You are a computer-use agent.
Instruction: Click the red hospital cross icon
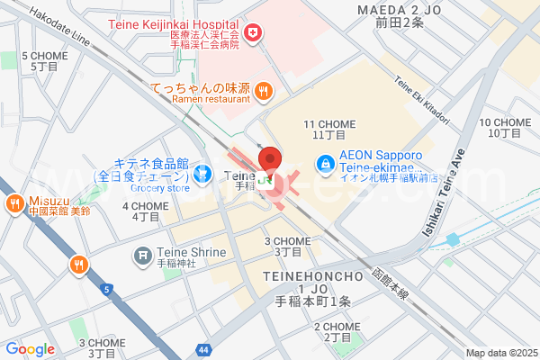point(254,32)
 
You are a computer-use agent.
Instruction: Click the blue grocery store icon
point(204,170)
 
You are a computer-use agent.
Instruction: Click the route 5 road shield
point(107,290)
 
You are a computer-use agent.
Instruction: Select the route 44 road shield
point(205,348)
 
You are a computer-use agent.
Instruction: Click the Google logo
point(30,349)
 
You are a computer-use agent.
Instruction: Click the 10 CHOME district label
point(506,127)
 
